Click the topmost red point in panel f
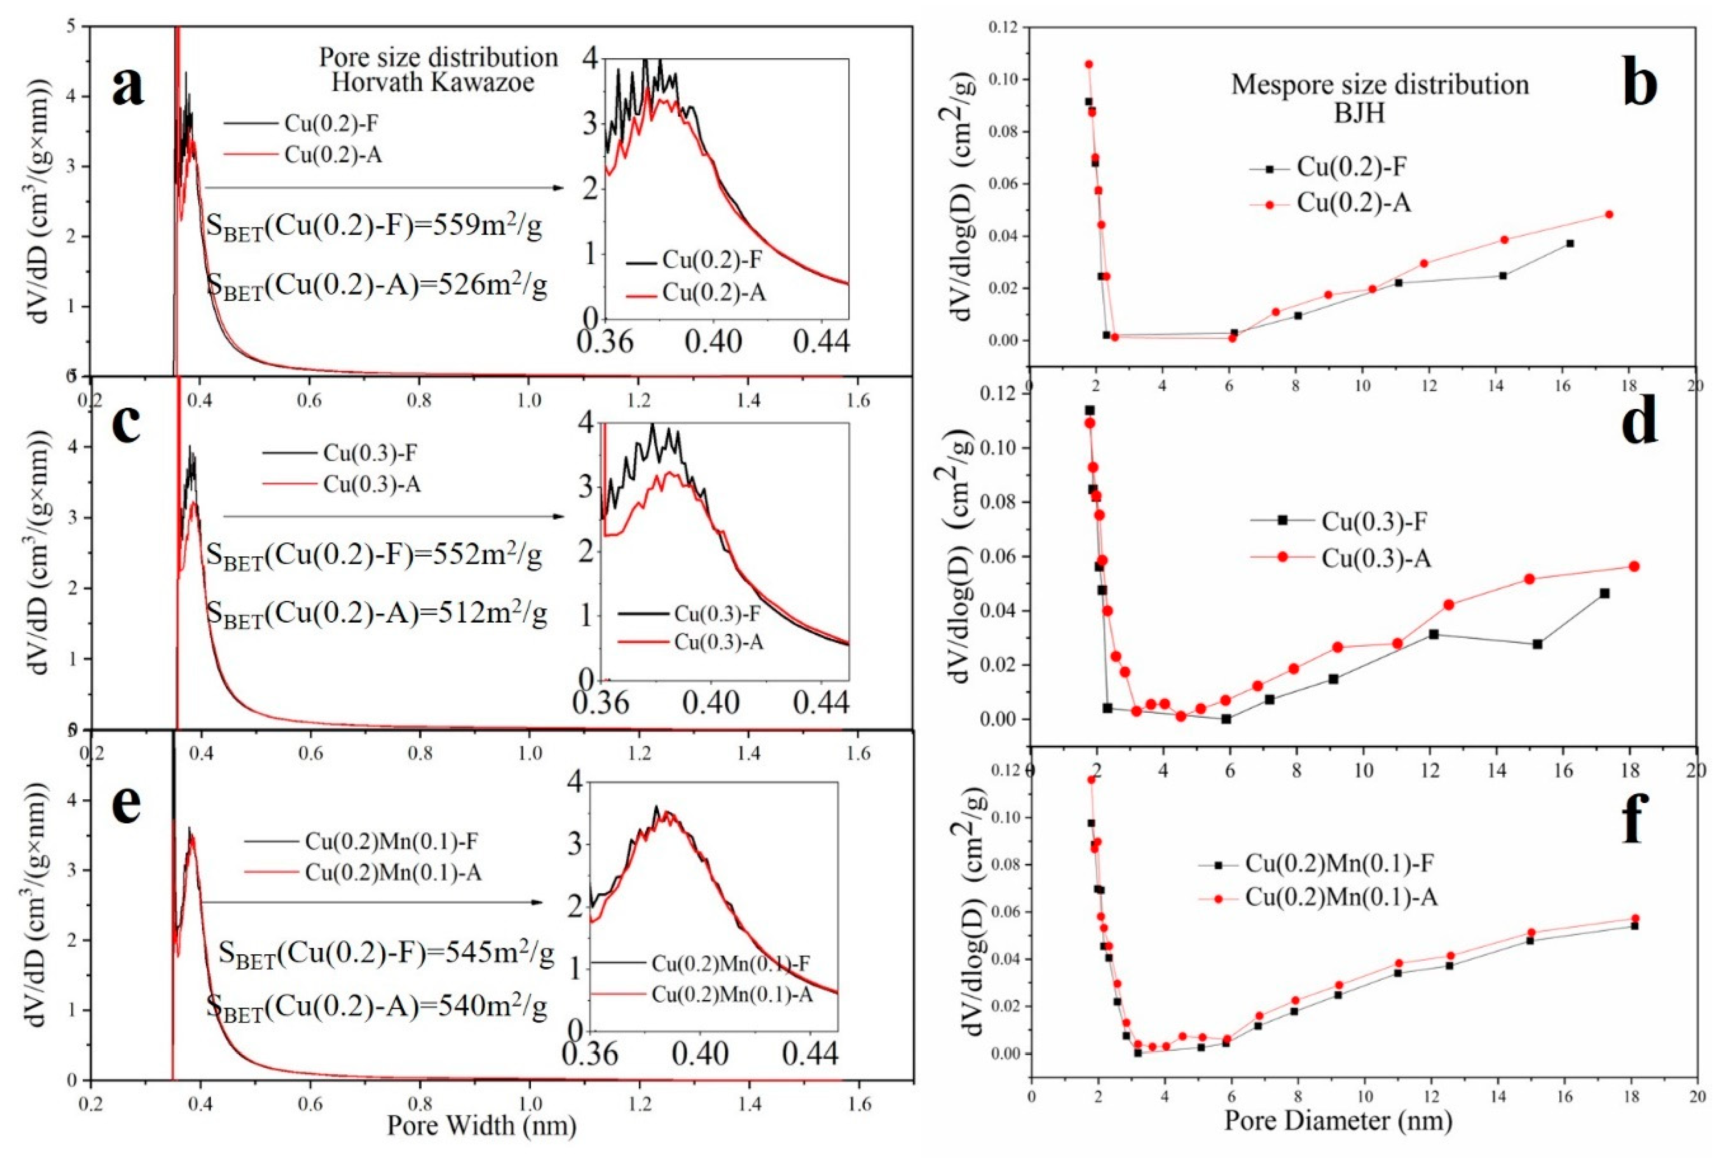tap(1091, 779)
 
